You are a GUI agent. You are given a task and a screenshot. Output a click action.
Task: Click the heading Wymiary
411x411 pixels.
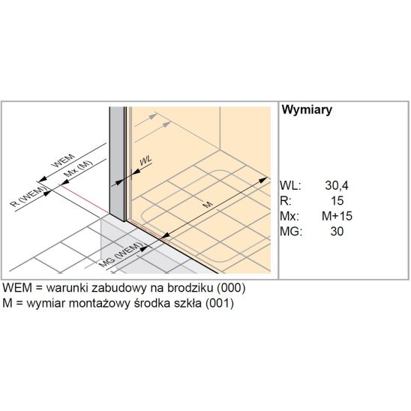pos(307,109)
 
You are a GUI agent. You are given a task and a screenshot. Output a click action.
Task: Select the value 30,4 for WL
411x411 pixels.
pos(337,185)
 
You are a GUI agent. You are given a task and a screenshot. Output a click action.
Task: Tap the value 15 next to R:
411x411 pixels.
pos(337,201)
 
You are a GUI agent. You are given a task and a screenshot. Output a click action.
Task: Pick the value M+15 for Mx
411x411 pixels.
pos(337,216)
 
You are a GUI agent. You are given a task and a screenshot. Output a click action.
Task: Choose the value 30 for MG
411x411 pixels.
pos(337,231)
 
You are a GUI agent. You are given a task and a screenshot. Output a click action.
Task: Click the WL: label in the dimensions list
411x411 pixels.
pos(290,185)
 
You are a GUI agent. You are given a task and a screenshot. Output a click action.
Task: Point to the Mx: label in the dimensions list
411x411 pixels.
pos(289,216)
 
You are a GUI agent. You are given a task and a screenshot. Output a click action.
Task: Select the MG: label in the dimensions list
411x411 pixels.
pos(291,231)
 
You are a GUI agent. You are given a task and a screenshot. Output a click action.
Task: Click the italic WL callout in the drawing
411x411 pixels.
pos(145,160)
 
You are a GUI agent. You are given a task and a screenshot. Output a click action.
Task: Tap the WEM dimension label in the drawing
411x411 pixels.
pos(64,161)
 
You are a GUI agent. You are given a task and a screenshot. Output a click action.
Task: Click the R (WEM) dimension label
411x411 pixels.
pos(28,196)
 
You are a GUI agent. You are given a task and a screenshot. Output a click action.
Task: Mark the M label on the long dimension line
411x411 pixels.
pos(208,204)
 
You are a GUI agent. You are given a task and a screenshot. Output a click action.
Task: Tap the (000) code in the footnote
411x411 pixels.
pos(231,288)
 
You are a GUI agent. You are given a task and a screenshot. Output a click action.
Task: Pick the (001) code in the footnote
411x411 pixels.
pos(220,303)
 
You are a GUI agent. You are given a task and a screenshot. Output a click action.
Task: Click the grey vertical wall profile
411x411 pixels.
pos(117,163)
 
